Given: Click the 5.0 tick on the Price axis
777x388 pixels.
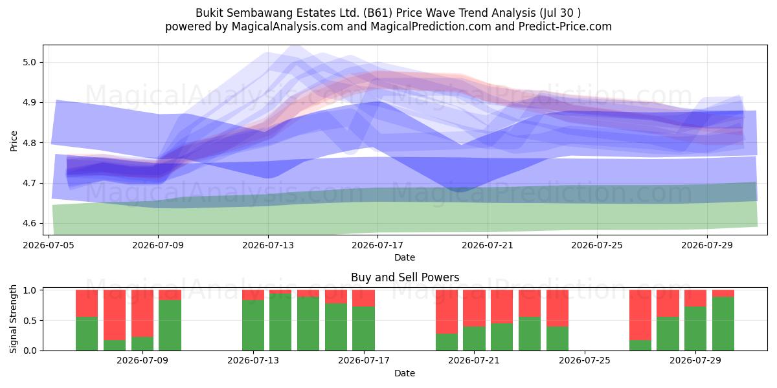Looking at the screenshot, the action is (x=29, y=62).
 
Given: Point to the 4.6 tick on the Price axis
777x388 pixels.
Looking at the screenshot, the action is (x=29, y=223).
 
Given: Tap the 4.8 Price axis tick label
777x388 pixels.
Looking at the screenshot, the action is (x=29, y=143).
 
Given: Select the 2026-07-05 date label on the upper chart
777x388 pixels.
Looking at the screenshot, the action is (x=49, y=245).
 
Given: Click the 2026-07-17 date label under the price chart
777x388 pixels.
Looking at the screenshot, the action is (x=377, y=245).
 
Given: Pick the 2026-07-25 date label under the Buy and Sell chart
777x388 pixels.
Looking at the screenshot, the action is (x=585, y=360).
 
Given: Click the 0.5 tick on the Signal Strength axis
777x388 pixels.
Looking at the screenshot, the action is (x=31, y=321).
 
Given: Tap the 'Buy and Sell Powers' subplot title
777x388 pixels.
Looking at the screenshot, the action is (x=405, y=277).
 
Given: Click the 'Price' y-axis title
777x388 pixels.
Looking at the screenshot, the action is (x=14, y=141).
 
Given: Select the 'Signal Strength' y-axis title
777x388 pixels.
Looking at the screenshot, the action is (x=13, y=319).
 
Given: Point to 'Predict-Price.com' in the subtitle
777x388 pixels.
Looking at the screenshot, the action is (x=565, y=27).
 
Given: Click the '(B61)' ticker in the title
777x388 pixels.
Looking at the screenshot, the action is (x=377, y=13).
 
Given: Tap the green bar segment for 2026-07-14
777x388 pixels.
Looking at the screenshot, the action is (x=280, y=322).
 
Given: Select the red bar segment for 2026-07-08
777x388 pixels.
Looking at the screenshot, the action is (x=115, y=315).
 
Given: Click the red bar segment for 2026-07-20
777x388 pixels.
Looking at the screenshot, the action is (x=447, y=312).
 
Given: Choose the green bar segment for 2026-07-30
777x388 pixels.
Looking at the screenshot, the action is (x=723, y=323).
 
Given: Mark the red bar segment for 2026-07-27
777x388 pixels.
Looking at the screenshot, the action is (x=640, y=315).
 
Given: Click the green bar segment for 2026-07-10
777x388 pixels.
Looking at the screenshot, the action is (x=170, y=325).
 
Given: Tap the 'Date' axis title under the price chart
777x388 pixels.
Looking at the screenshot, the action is (x=405, y=257).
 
